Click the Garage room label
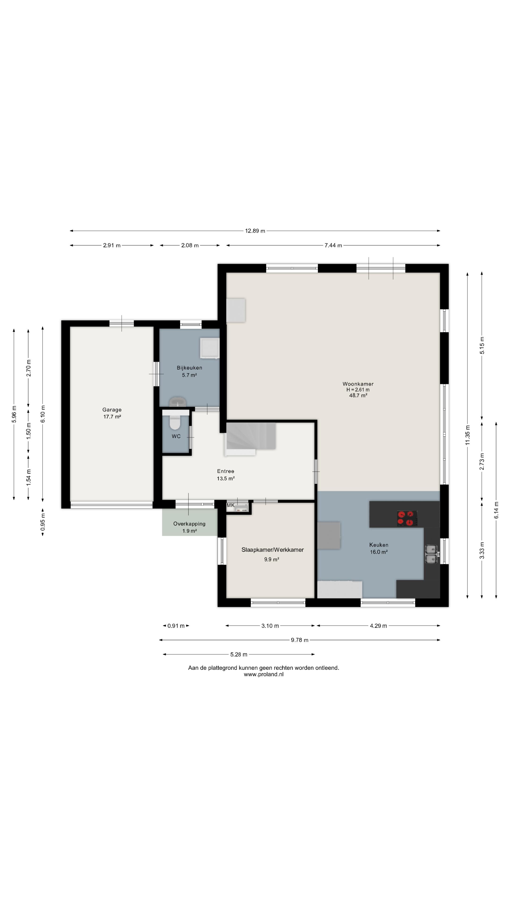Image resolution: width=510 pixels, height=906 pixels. pyautogui.click(x=112, y=409)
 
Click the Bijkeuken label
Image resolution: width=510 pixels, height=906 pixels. pyautogui.click(x=189, y=368)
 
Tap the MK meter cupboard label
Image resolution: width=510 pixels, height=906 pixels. pyautogui.click(x=230, y=505)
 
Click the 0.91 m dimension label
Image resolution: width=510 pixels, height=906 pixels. pyautogui.click(x=176, y=626)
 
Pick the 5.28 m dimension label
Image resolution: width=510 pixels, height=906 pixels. pyautogui.click(x=239, y=654)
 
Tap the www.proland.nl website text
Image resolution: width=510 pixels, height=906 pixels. pyautogui.click(x=264, y=674)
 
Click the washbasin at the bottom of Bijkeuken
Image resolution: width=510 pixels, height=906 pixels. pyautogui.click(x=178, y=402)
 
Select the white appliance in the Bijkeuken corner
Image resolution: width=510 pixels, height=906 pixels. pyautogui.click(x=209, y=348)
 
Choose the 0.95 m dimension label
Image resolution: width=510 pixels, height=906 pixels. pyautogui.click(x=42, y=522)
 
